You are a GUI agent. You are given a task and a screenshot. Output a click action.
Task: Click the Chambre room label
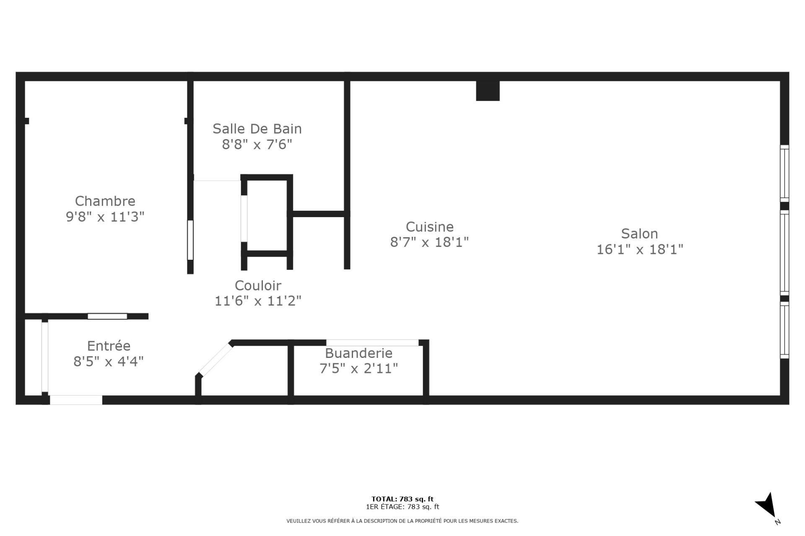point(105,201)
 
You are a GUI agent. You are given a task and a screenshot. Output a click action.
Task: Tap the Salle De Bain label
point(257,129)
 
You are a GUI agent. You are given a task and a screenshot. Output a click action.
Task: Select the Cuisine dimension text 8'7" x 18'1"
point(429,242)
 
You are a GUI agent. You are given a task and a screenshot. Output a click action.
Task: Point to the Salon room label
point(639,233)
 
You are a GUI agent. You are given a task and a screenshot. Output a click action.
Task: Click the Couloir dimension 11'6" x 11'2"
point(258,301)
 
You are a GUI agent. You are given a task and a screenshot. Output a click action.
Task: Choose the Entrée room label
point(109,346)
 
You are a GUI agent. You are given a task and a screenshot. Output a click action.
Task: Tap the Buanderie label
point(358,353)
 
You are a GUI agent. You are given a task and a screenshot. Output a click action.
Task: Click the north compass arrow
point(767,505)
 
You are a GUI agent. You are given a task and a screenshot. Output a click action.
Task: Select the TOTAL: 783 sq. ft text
point(402,499)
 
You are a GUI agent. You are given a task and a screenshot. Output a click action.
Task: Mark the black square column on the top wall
point(488,91)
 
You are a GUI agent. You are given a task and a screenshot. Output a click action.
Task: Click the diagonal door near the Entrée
point(216,359)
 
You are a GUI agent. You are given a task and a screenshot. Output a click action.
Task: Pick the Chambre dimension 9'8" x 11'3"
point(105,217)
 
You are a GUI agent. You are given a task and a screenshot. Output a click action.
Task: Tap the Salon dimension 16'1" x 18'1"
point(640,250)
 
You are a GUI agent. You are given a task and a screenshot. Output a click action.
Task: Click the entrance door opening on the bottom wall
point(76,400)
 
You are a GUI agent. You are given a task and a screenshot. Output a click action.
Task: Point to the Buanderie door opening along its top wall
point(372,343)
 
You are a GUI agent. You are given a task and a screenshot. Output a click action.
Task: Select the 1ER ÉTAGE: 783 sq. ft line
point(402,507)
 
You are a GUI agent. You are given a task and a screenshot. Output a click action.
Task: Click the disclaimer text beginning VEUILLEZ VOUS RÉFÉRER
point(402,521)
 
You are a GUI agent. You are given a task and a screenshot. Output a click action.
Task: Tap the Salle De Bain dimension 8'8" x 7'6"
point(257,145)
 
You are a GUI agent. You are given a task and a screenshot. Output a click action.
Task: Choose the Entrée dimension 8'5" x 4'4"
point(109,362)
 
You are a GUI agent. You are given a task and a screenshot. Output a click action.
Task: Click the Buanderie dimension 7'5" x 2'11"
point(358,369)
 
